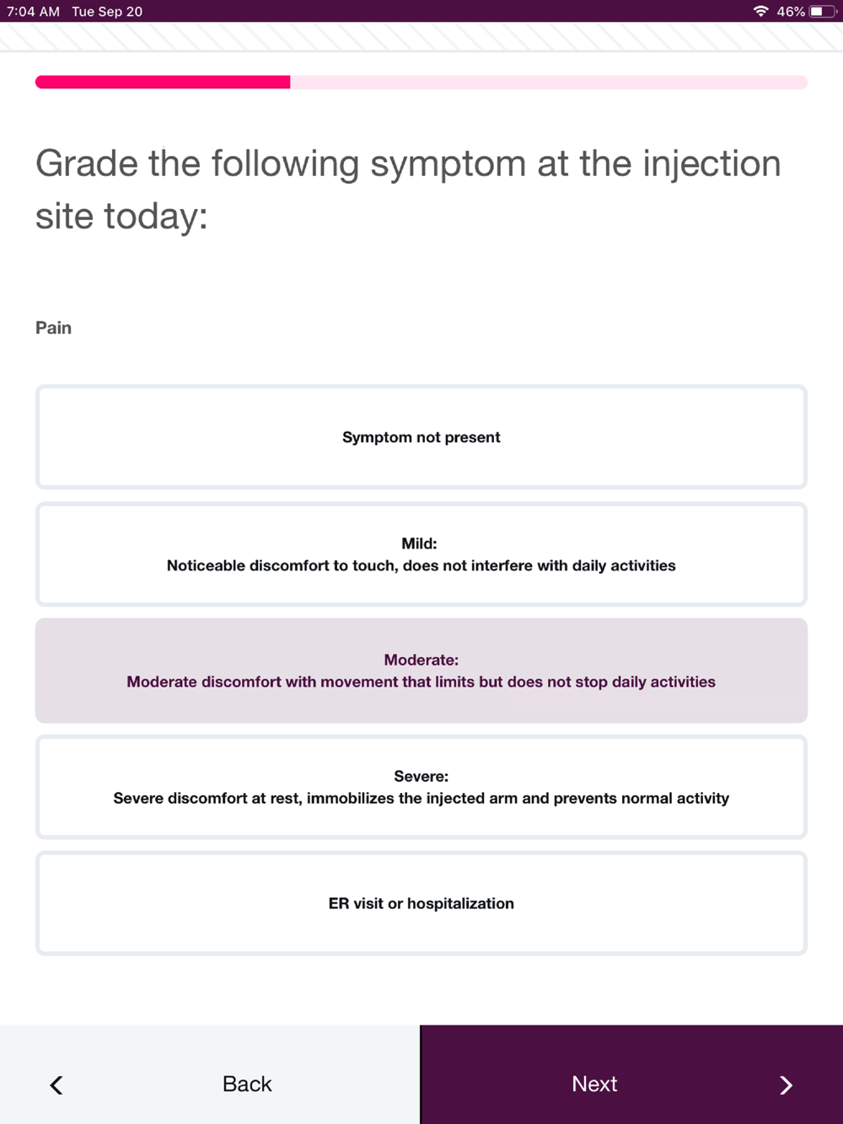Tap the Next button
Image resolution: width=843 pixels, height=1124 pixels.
631,1084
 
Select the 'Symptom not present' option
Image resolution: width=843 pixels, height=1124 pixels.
421,437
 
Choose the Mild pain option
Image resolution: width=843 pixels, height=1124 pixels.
421,554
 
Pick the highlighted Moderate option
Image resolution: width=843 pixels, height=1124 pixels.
421,671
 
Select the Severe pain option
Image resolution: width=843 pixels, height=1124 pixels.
421,787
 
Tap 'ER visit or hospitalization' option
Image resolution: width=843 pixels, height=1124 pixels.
421,903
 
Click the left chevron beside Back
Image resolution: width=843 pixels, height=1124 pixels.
56,1085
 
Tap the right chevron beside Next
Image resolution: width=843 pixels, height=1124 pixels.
786,1085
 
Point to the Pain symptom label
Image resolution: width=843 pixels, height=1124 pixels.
53,328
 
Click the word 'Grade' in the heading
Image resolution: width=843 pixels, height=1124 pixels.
87,163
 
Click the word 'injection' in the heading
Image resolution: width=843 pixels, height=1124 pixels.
711,163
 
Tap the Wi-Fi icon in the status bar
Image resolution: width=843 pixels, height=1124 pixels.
760,11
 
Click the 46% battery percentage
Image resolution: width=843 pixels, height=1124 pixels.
791,12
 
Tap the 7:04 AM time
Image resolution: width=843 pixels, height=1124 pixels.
33,12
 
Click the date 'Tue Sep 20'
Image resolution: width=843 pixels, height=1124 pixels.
107,12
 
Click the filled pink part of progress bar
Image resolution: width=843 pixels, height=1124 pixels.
163,82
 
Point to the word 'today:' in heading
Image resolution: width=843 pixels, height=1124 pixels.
155,217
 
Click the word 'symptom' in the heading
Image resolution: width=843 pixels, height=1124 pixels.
448,163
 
